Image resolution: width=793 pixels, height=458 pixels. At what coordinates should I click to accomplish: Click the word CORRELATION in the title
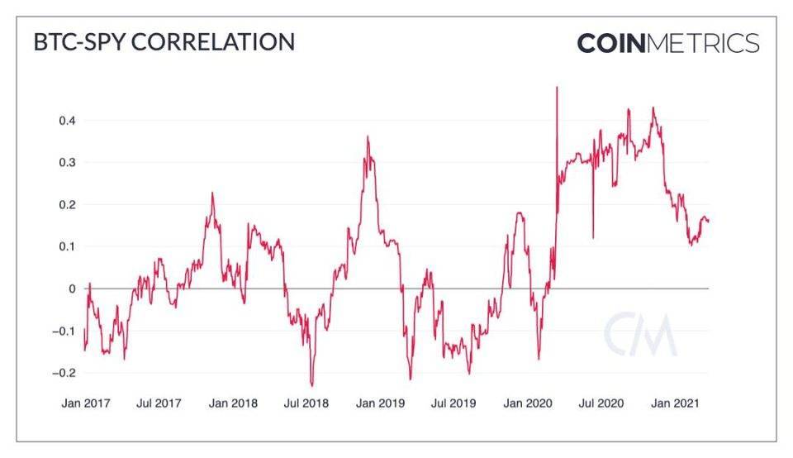[x=214, y=43]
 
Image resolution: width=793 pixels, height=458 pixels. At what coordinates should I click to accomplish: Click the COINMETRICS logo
[x=667, y=43]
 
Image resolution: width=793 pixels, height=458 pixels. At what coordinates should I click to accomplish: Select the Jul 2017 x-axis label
[x=159, y=404]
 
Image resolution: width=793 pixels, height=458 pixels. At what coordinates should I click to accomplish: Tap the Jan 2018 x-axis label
[x=233, y=404]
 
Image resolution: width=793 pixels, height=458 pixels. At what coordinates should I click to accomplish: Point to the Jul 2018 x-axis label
[x=306, y=404]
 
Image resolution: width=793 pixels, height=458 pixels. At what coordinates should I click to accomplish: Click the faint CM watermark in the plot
[x=640, y=335]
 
